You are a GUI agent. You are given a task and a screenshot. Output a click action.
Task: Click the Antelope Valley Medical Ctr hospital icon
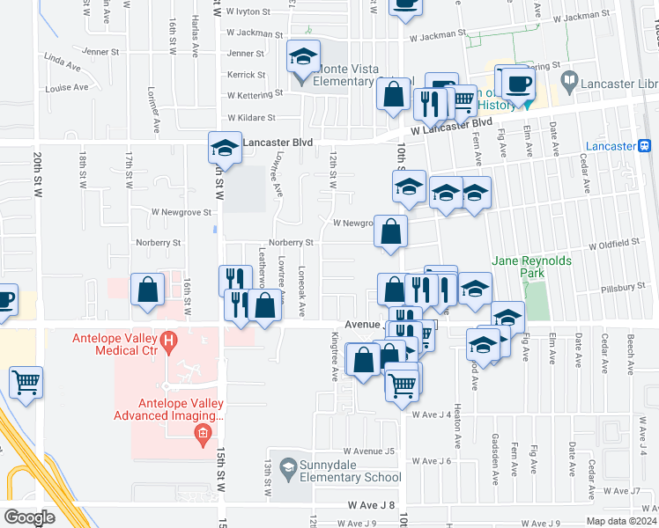[166, 339]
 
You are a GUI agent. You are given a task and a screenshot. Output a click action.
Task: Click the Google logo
[29, 517]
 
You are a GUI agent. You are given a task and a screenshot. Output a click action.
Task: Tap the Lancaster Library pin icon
[569, 82]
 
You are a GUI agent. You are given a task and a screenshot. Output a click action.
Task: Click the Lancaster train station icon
[645, 145]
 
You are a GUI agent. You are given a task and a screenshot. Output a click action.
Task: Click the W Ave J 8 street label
[372, 505]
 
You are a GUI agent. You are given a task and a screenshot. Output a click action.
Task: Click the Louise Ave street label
[68, 87]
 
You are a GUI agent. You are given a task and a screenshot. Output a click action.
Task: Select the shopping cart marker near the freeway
[26, 384]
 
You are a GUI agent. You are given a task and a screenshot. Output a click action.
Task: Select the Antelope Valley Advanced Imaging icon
[203, 433]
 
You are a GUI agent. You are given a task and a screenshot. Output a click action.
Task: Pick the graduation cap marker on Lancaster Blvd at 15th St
[224, 149]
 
